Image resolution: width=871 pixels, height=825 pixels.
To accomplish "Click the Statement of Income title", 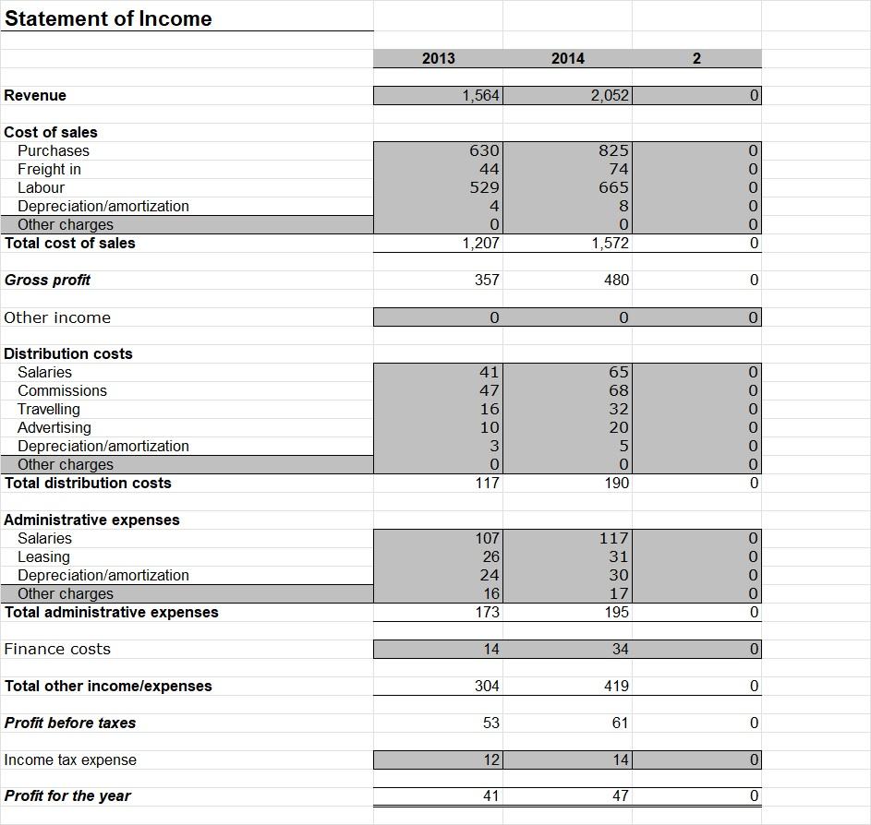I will coord(108,19).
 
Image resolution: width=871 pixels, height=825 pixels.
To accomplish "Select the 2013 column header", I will coord(438,58).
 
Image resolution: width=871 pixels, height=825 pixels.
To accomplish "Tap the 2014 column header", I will coord(567,58).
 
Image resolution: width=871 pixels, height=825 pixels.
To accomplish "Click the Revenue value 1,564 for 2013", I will coord(480,95).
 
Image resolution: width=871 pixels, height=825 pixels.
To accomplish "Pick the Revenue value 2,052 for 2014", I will coord(610,95).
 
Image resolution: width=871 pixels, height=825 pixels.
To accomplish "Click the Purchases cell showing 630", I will coord(484,150).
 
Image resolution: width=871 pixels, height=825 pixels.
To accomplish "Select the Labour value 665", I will coord(613,187).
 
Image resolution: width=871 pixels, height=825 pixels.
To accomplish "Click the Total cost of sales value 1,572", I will coord(610,243).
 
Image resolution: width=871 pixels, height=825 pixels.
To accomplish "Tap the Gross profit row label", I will coord(47,280).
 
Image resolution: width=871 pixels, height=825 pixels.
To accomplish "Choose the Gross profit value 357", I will coord(487,280).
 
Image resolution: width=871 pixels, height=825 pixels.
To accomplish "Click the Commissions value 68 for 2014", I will coord(618,390).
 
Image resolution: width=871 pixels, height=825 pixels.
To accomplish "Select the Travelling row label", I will coord(48,409).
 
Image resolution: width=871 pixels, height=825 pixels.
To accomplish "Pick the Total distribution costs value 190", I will coord(616,483).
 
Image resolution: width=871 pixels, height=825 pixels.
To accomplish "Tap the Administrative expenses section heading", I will coord(91,520).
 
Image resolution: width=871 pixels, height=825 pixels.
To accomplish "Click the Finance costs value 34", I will coord(620,649).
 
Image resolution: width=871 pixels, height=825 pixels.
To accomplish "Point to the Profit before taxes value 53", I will coord(490,723).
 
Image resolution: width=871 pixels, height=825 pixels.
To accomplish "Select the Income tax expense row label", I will coord(70,759).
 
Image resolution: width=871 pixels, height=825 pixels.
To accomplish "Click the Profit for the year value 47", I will coord(620,795).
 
